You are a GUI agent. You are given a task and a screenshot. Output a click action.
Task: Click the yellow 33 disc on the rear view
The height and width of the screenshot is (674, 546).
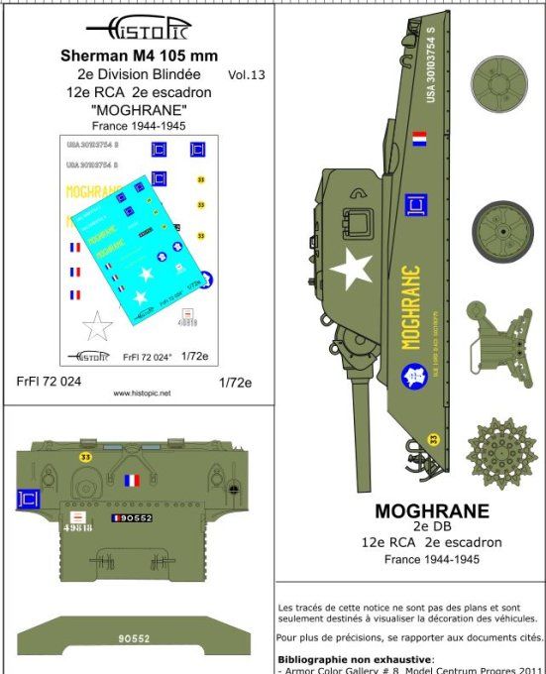coord(84,456)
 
